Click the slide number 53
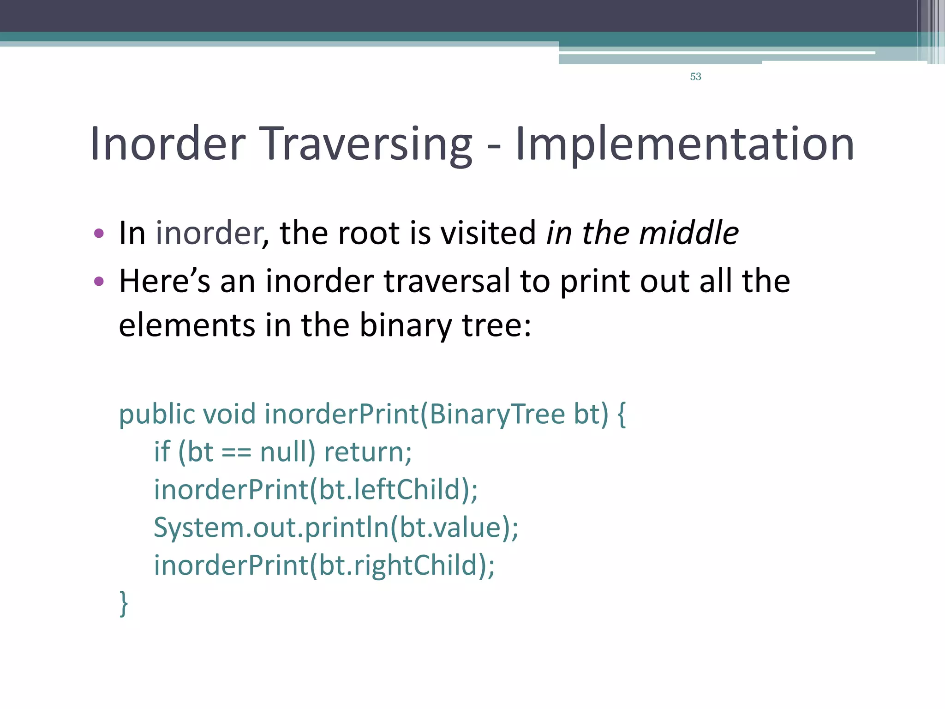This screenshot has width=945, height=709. (x=695, y=77)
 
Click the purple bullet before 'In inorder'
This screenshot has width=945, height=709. (x=99, y=234)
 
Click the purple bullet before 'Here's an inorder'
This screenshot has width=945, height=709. (x=99, y=281)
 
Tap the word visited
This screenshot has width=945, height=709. (x=488, y=233)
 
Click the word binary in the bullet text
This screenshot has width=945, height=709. (x=405, y=325)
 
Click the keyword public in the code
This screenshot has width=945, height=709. (x=157, y=414)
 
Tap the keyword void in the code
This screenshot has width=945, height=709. (x=229, y=414)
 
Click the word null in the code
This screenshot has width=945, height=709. (x=287, y=452)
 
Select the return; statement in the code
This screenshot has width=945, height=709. (x=368, y=452)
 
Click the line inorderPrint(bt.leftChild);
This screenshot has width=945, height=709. (x=316, y=490)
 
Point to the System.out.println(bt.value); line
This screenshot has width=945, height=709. (x=336, y=528)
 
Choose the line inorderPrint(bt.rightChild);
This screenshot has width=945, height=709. (x=324, y=565)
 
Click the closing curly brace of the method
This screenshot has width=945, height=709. (x=124, y=603)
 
